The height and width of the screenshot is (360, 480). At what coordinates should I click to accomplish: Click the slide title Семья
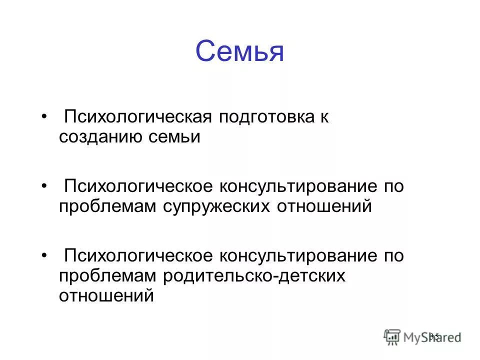click(239, 51)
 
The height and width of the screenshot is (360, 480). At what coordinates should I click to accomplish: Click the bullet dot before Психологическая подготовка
click(44, 117)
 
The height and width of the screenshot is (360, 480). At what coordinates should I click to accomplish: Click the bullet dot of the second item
click(44, 186)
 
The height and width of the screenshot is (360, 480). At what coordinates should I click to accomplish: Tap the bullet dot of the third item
click(44, 256)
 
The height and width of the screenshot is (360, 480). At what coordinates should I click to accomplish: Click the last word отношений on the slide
click(106, 295)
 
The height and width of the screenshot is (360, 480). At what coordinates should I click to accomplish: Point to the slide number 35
click(434, 336)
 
